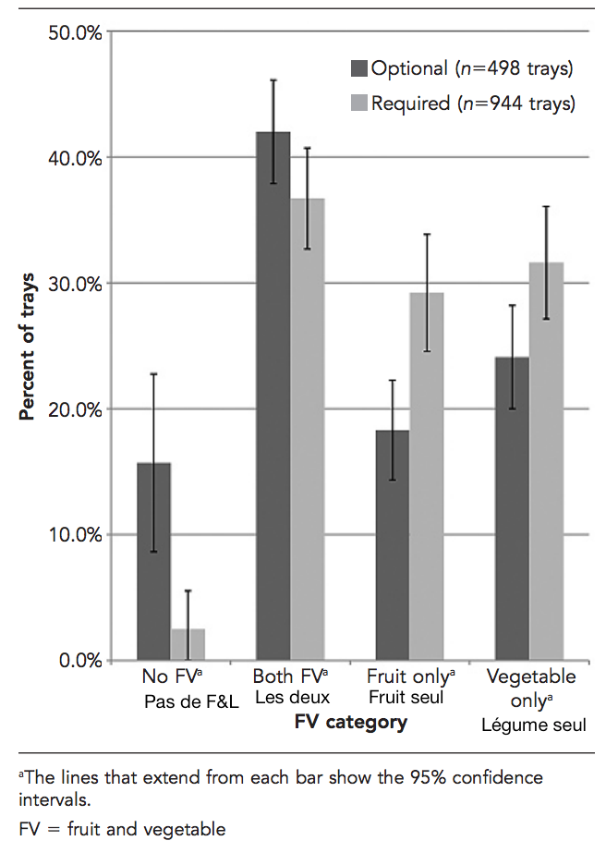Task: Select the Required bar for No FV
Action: click(x=188, y=644)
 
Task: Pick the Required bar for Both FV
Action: click(x=308, y=429)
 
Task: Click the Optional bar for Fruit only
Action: click(x=393, y=544)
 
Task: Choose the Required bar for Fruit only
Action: click(x=427, y=476)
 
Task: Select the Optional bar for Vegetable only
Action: click(x=512, y=508)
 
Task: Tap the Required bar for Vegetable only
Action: click(x=546, y=461)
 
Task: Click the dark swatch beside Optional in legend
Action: click(x=359, y=67)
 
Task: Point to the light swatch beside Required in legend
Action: click(x=359, y=103)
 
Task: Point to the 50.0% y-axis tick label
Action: click(x=73, y=32)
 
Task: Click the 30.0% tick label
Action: click(x=73, y=284)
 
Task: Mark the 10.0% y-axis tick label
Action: click(x=73, y=535)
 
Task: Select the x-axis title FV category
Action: click(x=351, y=723)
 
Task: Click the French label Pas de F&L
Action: click(x=191, y=701)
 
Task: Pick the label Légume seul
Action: click(x=533, y=725)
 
